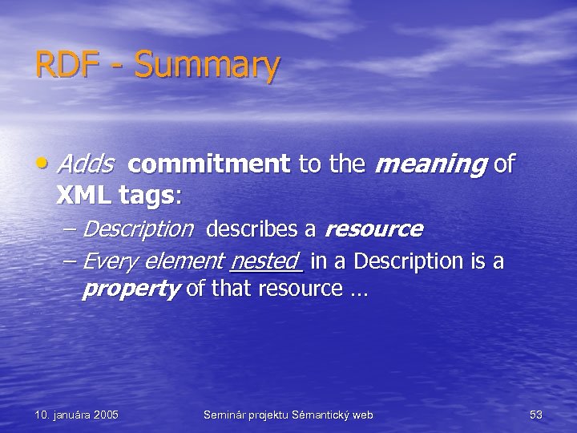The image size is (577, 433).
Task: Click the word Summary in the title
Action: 208,66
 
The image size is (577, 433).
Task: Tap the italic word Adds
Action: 85,164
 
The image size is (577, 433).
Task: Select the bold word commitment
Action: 208,164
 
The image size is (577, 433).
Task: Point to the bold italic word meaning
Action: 430,165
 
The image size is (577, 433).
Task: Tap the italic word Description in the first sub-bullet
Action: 138,229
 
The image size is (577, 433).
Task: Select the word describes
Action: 252,229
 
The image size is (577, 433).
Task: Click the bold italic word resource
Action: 373,229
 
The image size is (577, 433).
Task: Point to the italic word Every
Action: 109,261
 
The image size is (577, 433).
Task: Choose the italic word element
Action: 184,261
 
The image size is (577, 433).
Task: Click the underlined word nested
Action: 264,261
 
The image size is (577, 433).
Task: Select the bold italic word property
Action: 130,289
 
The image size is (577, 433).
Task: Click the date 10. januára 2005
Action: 77,415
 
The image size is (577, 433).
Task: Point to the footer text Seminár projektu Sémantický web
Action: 288,415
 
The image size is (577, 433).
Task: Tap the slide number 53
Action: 536,415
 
